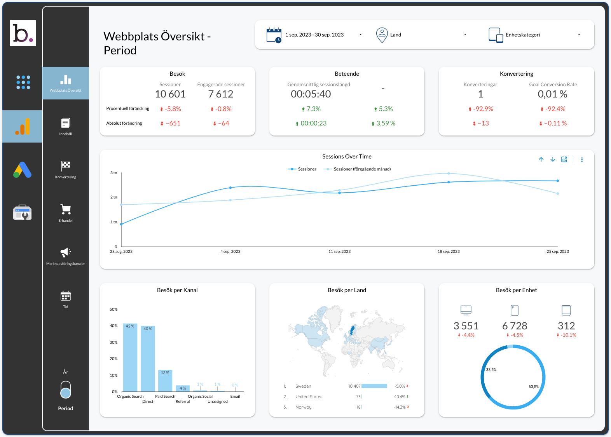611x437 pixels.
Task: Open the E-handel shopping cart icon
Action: [66, 209]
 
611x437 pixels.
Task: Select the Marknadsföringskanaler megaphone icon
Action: [66, 252]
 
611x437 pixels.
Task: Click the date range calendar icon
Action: [274, 35]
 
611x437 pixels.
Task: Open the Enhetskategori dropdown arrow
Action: [579, 35]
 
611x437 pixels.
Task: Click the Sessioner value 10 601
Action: [170, 94]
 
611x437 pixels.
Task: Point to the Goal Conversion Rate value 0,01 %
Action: [552, 94]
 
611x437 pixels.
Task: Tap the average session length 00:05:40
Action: [311, 94]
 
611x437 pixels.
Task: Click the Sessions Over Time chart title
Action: [347, 157]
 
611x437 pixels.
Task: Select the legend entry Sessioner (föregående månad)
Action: [362, 169]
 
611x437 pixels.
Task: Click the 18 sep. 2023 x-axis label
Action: [449, 252]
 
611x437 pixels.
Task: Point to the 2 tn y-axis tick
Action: [113, 197]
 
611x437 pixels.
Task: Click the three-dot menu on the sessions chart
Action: [582, 160]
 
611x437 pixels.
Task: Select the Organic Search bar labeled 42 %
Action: [130, 357]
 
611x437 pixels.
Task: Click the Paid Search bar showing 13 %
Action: [165, 381]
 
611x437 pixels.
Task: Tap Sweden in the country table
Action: [303, 386]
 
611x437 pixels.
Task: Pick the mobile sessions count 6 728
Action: [515, 326]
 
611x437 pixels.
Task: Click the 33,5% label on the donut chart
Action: [491, 370]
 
